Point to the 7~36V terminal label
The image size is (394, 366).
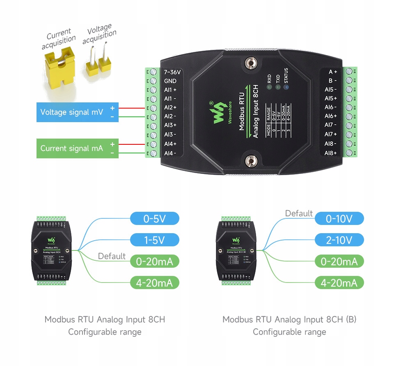tap(172, 72)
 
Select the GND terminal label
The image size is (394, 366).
tap(170, 81)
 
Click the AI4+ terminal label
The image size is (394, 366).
tap(170, 144)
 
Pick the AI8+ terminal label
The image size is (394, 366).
tap(330, 153)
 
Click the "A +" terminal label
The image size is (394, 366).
tap(332, 72)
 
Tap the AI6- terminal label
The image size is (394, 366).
tap(330, 107)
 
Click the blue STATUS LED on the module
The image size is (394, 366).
tap(286, 87)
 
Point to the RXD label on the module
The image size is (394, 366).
tap(269, 78)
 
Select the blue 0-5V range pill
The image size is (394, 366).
tap(155, 218)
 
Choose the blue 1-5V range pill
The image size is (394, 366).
tap(155, 240)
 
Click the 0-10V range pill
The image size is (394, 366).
tap(339, 218)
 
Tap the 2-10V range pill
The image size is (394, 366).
tap(339, 240)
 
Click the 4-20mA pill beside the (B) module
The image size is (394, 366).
tap(339, 283)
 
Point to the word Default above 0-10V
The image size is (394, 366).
tap(299, 213)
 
